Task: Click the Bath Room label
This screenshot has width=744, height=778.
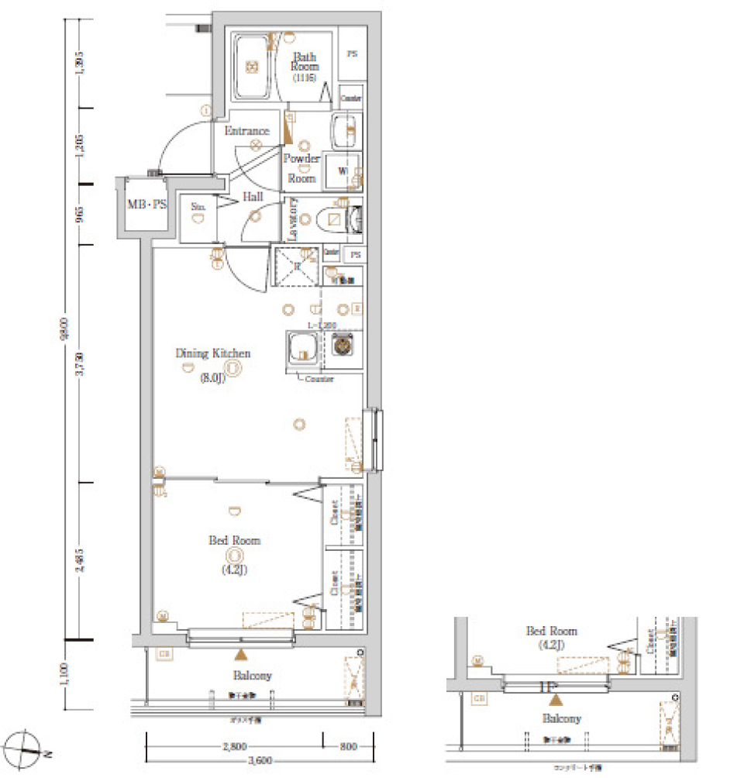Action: pos(305,65)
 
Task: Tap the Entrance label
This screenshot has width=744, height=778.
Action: pos(246,131)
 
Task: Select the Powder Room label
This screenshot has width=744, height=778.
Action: pos(301,167)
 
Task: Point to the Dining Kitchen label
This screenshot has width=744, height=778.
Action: pos(213,353)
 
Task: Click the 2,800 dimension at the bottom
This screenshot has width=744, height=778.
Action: pos(234,747)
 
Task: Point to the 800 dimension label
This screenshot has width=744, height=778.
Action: pos(349,747)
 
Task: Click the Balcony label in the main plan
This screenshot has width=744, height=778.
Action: pos(251,675)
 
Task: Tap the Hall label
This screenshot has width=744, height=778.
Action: pos(253,197)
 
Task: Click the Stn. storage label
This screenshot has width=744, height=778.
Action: pos(198,206)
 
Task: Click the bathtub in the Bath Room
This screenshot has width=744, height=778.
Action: pos(253,67)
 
